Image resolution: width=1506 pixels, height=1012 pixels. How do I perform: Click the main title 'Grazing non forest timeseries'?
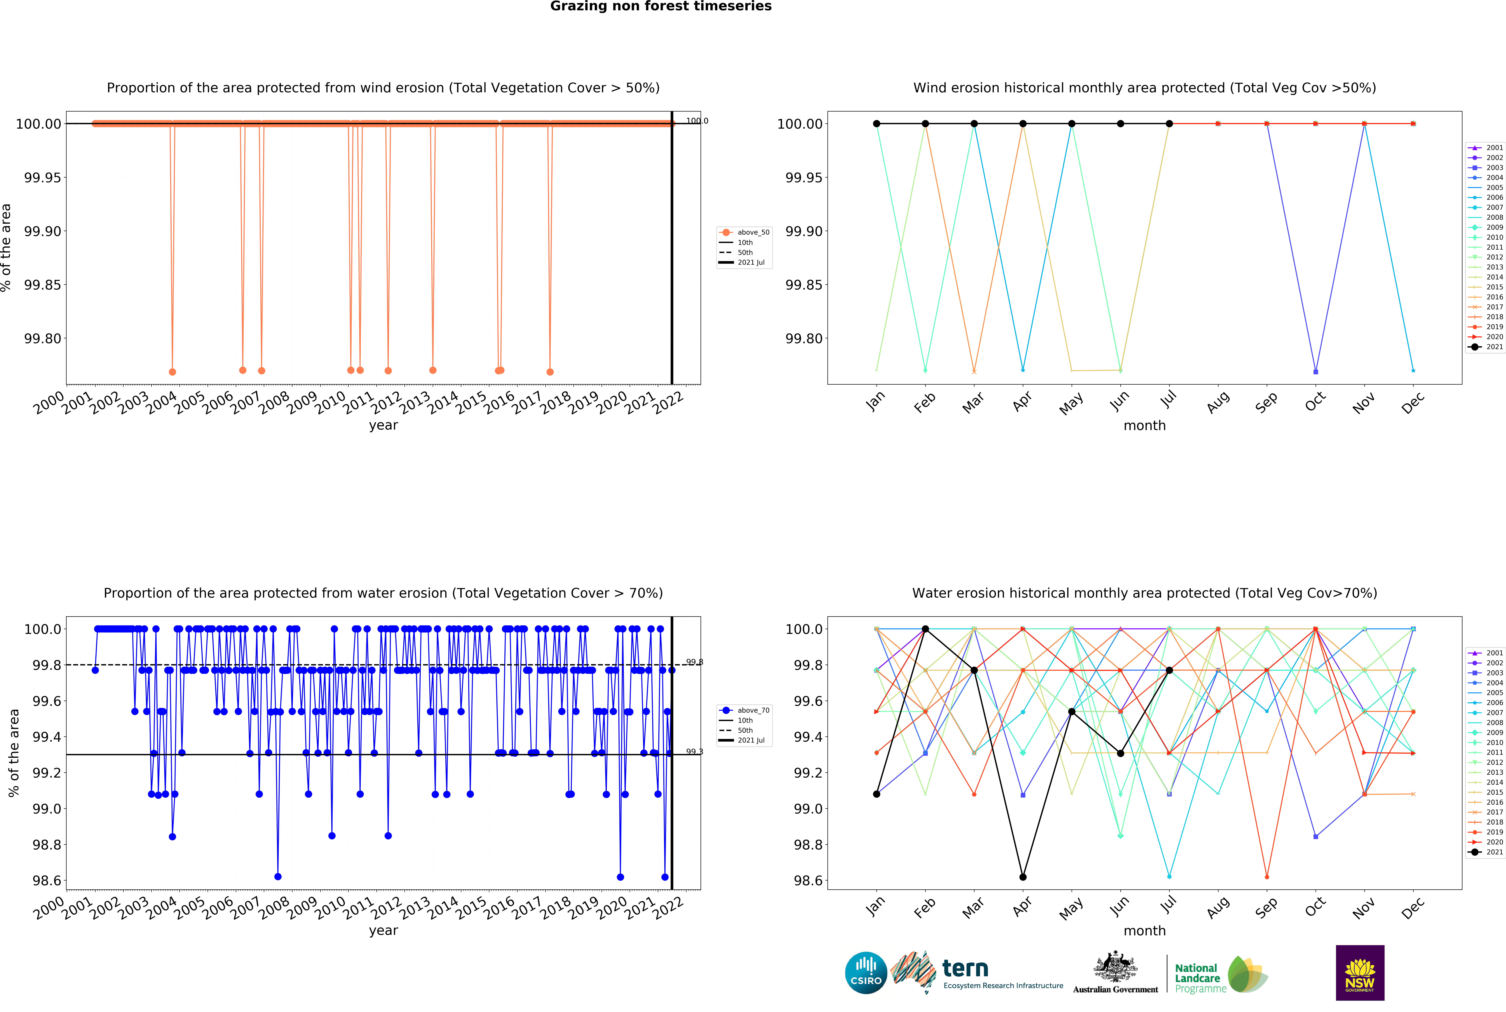[660, 6]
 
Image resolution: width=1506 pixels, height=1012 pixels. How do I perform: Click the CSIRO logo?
[866, 973]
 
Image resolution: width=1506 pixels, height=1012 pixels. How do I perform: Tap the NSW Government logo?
[1359, 973]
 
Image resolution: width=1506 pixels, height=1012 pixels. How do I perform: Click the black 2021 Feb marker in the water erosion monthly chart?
[925, 629]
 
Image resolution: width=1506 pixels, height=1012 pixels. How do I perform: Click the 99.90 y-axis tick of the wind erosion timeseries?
[43, 231]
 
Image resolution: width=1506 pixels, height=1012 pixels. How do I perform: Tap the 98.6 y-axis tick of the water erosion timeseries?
[46, 880]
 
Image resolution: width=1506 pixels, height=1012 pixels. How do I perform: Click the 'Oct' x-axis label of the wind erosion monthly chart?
[1315, 401]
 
